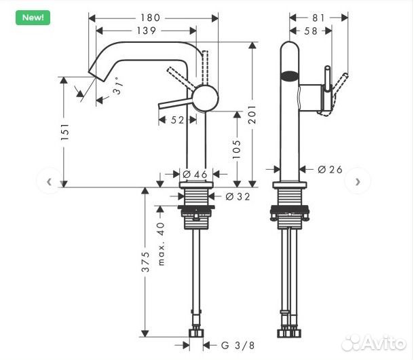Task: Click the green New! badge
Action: (33, 17)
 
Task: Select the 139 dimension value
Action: (146, 31)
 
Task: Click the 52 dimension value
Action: (178, 120)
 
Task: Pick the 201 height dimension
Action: (252, 115)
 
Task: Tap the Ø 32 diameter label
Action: (235, 196)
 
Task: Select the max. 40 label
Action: (161, 244)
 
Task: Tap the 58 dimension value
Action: (311, 31)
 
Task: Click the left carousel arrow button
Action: (49, 181)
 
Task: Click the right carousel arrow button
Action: (358, 181)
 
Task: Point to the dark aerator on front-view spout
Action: (290, 76)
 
